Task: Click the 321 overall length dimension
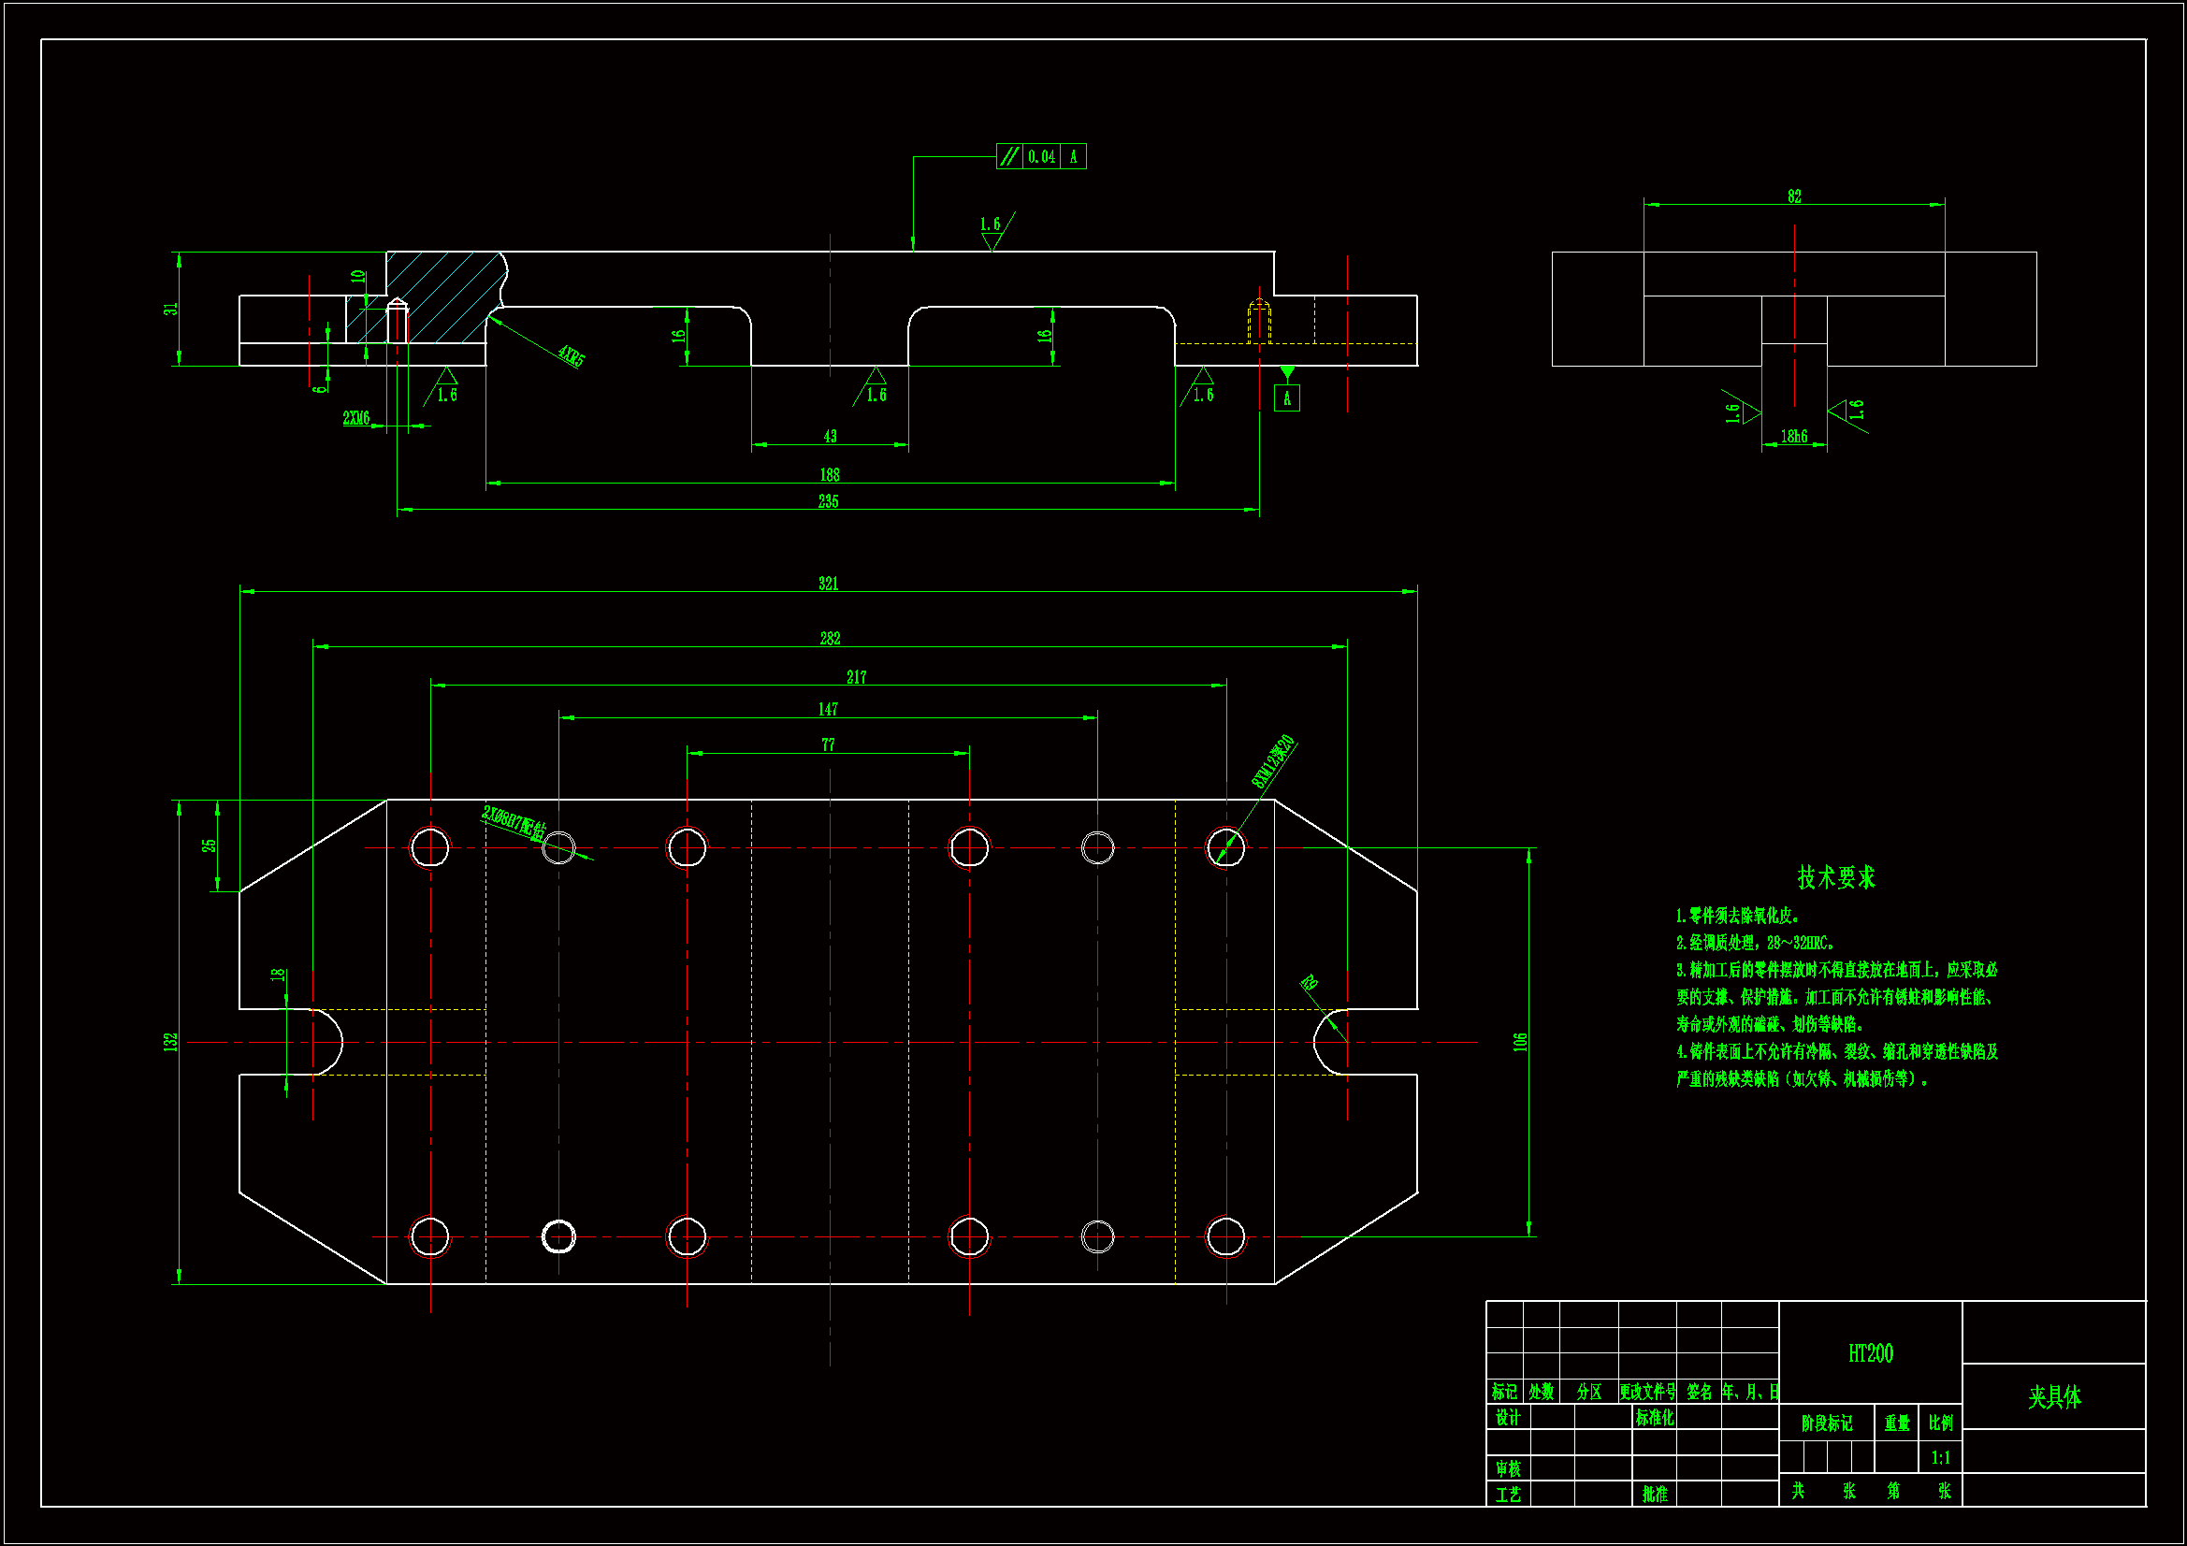coord(828,583)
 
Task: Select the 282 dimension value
coord(830,638)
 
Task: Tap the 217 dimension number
coord(856,677)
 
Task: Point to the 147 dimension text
coord(828,710)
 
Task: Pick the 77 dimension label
coord(828,744)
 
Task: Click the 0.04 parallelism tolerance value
coord(1041,157)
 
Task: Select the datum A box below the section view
coord(1286,398)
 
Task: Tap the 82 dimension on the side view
coord(1793,196)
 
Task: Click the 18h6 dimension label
coord(1793,436)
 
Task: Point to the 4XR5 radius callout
coord(571,356)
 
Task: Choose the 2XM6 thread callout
coord(356,418)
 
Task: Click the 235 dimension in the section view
coord(828,501)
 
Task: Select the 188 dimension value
coord(829,474)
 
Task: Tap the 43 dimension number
coord(830,436)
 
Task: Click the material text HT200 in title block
coord(1870,1353)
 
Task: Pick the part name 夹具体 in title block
coord(2053,1397)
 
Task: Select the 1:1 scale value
coord(1940,1457)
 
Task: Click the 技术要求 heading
coord(1835,877)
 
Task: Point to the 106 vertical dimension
coord(1520,1042)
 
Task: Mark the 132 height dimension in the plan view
coord(170,1042)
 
